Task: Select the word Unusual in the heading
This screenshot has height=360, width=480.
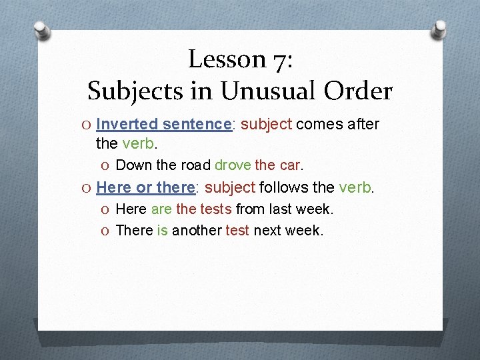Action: (276, 91)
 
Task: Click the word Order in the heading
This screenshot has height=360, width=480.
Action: (361, 91)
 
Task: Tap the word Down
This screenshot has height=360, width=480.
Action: (134, 165)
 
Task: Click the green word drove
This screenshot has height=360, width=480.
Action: (233, 165)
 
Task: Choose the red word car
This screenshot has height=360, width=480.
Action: (291, 165)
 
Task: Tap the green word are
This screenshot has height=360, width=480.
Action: (161, 209)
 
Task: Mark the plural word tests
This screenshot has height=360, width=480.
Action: (215, 209)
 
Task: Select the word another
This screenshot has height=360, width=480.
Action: (197, 231)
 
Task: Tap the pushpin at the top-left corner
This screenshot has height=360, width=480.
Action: (41, 29)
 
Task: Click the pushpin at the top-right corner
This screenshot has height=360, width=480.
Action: (439, 29)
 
